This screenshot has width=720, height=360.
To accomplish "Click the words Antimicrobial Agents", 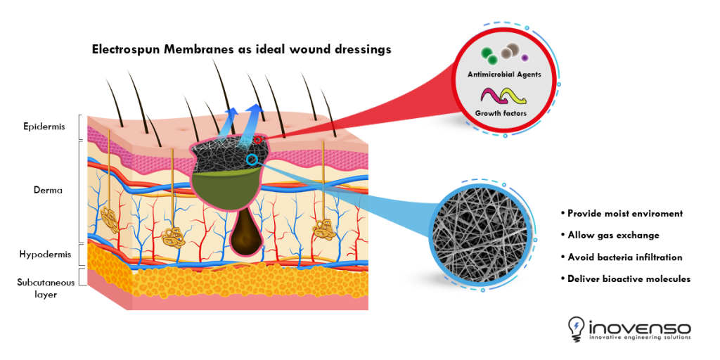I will coord(504,74).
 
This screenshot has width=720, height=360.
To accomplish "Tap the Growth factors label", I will coord(501,113).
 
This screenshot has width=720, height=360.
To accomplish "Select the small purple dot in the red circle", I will coord(525,57).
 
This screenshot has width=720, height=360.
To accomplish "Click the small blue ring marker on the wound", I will coord(252,160).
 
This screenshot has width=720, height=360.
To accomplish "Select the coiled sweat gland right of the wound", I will coord(324,227).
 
